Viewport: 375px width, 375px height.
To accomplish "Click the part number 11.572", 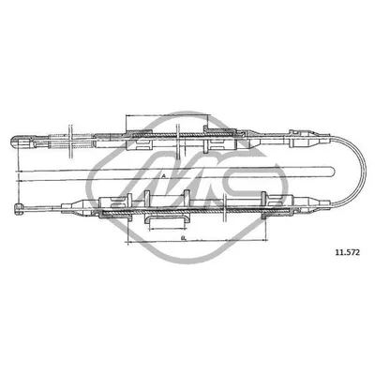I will pos(347,251).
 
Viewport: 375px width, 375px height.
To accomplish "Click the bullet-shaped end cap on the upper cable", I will pos(16,142).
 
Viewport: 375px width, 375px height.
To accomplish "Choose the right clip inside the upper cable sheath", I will pos(223,141).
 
